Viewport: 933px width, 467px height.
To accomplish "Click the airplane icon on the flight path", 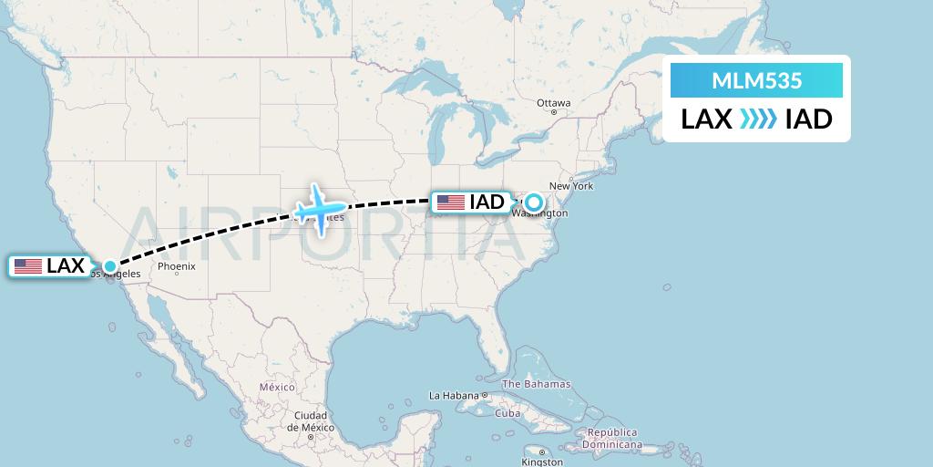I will [316, 209].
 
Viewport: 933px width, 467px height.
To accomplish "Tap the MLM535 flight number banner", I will [756, 80].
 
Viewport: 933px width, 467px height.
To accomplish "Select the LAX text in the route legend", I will [707, 119].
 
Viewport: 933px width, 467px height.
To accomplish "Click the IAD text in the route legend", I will [808, 119].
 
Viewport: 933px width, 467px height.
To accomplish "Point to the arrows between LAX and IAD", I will [758, 119].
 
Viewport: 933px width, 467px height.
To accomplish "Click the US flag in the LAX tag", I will [28, 266].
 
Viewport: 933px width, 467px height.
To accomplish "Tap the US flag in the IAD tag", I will [450, 202].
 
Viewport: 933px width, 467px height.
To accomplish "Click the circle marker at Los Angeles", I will [110, 266].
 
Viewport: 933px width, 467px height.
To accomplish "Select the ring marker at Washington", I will [533, 202].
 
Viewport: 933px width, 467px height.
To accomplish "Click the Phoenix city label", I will [177, 267].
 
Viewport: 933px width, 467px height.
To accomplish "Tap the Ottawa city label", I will [553, 103].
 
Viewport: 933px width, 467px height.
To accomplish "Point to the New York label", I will [571, 186].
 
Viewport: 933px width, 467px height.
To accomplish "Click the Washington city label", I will [540, 214].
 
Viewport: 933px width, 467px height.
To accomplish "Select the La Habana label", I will [454, 396].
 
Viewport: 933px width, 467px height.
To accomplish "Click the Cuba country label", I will [508, 413].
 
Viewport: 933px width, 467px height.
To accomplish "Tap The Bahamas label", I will [537, 384].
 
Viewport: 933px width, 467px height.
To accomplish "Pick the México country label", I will [277, 388].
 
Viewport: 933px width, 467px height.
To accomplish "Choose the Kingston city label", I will [541, 462].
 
